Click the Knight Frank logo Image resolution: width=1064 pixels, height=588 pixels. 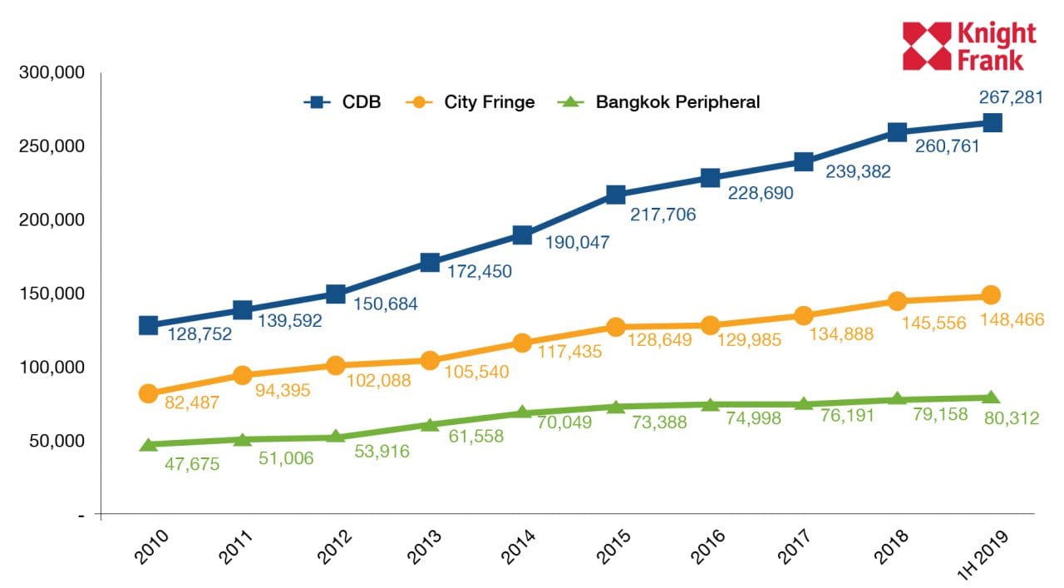969,46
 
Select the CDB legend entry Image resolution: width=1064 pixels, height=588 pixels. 342,102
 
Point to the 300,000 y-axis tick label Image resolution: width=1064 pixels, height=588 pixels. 52,73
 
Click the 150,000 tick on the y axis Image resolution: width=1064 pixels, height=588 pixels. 52,294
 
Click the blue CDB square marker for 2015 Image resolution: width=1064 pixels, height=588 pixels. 616,195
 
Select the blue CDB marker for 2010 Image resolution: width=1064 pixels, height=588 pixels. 148,325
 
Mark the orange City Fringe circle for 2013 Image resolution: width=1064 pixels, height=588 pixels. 430,360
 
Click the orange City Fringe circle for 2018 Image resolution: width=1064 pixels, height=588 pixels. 897,301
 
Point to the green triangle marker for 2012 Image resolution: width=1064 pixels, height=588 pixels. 336,437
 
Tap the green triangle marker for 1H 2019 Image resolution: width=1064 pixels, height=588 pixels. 991,398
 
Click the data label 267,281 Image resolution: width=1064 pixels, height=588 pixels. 1009,98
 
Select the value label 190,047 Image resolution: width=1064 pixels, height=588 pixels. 577,243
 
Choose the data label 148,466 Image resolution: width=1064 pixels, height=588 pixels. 1010,319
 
